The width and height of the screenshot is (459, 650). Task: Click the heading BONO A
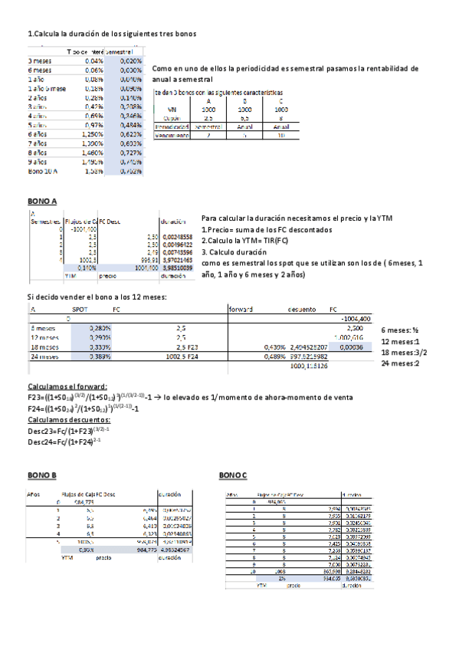coord(42,201)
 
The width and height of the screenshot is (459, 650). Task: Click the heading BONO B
coord(42,475)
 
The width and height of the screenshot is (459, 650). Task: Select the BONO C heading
coord(233,475)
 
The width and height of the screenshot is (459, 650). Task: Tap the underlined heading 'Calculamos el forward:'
coord(67,387)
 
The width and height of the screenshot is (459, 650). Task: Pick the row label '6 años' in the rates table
coord(39,133)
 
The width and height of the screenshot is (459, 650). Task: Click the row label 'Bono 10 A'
coord(42,171)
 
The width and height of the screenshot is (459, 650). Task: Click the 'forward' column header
coord(241,309)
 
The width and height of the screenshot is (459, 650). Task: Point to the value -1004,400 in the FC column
coord(356,317)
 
